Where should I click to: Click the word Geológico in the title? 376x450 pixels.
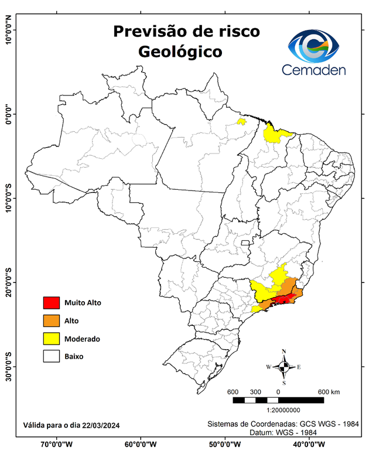tap(180, 52)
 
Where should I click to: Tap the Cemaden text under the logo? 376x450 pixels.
tap(314, 70)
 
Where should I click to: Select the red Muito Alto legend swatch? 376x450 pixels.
tap(52, 303)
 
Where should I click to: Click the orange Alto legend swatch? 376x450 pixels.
tap(52, 321)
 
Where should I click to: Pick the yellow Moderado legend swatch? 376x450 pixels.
tap(52, 338)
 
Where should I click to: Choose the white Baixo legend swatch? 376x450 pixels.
tap(52, 356)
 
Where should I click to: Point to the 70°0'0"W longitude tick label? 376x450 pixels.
tap(57, 444)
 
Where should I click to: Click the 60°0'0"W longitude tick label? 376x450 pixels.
tap(140, 444)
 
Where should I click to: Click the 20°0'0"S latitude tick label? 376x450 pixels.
tap(9, 282)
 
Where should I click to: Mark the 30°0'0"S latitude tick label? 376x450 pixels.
tap(9, 366)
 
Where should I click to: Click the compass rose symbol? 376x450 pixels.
tap(283, 366)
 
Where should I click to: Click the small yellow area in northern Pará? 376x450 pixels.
tap(241, 122)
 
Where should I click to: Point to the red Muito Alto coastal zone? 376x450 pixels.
tap(283, 299)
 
